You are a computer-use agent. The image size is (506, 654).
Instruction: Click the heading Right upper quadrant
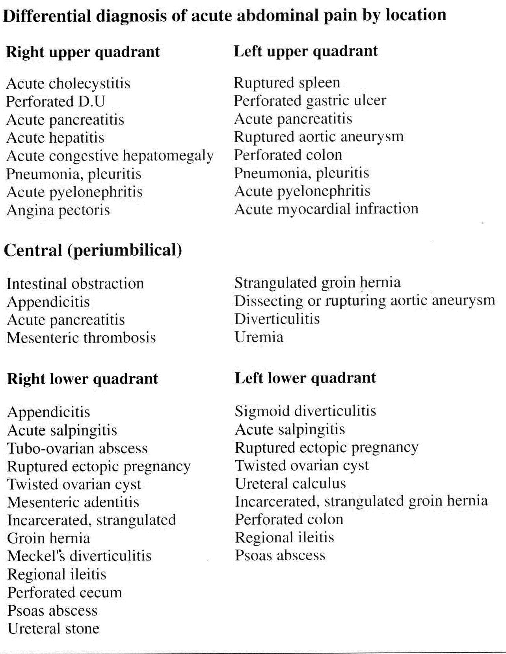[x=83, y=52]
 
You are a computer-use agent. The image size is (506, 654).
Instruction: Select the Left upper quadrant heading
[x=306, y=51]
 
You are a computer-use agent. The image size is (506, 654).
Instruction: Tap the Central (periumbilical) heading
[x=93, y=250]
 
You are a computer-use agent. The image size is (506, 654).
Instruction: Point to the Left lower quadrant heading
[x=305, y=378]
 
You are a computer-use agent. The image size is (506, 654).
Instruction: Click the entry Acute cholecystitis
[x=68, y=83]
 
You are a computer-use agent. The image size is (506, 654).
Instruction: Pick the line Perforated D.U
[x=56, y=101]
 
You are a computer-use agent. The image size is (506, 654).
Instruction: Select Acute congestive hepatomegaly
[x=110, y=156]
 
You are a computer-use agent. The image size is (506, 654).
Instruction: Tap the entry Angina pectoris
[x=58, y=210]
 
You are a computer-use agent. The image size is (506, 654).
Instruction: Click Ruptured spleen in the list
[x=287, y=82]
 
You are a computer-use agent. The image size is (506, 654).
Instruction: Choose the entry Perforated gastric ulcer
[x=310, y=101]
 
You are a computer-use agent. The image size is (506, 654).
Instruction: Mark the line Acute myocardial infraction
[x=326, y=209]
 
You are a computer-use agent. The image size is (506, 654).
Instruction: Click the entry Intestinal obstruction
[x=75, y=284]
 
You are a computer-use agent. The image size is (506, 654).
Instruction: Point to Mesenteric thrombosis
[x=81, y=338]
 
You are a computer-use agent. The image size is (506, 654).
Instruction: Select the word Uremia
[x=259, y=337]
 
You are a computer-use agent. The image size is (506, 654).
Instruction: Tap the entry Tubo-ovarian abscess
[x=77, y=448]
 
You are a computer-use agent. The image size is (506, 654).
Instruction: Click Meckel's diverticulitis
[x=79, y=556]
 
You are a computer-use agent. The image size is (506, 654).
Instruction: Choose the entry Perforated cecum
[x=65, y=592]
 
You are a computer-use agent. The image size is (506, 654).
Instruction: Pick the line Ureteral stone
[x=53, y=628]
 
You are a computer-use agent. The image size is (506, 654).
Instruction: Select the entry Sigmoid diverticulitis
[x=305, y=411]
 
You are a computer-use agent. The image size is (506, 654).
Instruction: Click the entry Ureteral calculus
[x=290, y=483]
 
